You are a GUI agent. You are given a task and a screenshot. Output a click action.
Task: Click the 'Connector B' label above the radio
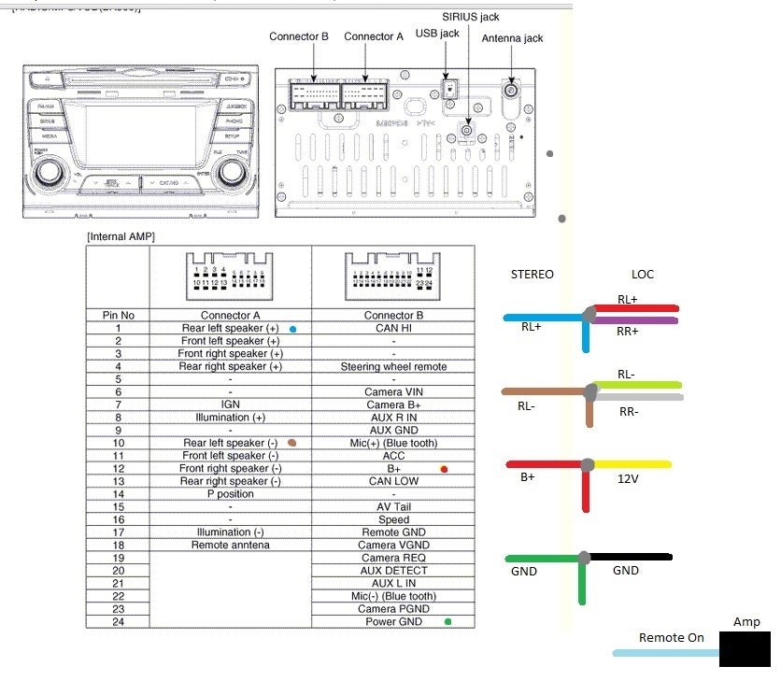(299, 36)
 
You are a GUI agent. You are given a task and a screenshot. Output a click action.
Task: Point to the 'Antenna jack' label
(512, 38)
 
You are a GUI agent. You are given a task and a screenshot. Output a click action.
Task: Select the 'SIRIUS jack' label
(470, 17)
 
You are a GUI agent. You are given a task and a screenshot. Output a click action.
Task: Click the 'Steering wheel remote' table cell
(393, 367)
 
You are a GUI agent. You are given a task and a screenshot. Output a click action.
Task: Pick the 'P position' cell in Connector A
(230, 494)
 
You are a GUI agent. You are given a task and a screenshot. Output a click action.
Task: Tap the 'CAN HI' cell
(393, 329)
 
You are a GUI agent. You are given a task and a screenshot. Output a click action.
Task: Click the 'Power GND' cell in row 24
(393, 622)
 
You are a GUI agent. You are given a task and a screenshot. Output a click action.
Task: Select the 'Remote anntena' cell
(230, 546)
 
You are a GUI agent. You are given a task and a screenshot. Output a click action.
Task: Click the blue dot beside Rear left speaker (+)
(293, 330)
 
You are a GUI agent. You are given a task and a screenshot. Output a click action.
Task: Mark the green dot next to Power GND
(449, 622)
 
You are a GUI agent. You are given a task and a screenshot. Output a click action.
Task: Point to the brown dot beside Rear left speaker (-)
(292, 443)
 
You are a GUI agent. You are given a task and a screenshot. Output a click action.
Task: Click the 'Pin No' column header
(117, 316)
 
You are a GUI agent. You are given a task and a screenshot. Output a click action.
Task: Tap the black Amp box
(745, 648)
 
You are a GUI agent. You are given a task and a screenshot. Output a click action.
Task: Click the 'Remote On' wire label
(671, 638)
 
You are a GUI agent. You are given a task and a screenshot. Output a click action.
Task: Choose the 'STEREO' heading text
(532, 275)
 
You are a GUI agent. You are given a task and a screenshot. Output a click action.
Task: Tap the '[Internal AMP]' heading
(121, 237)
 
